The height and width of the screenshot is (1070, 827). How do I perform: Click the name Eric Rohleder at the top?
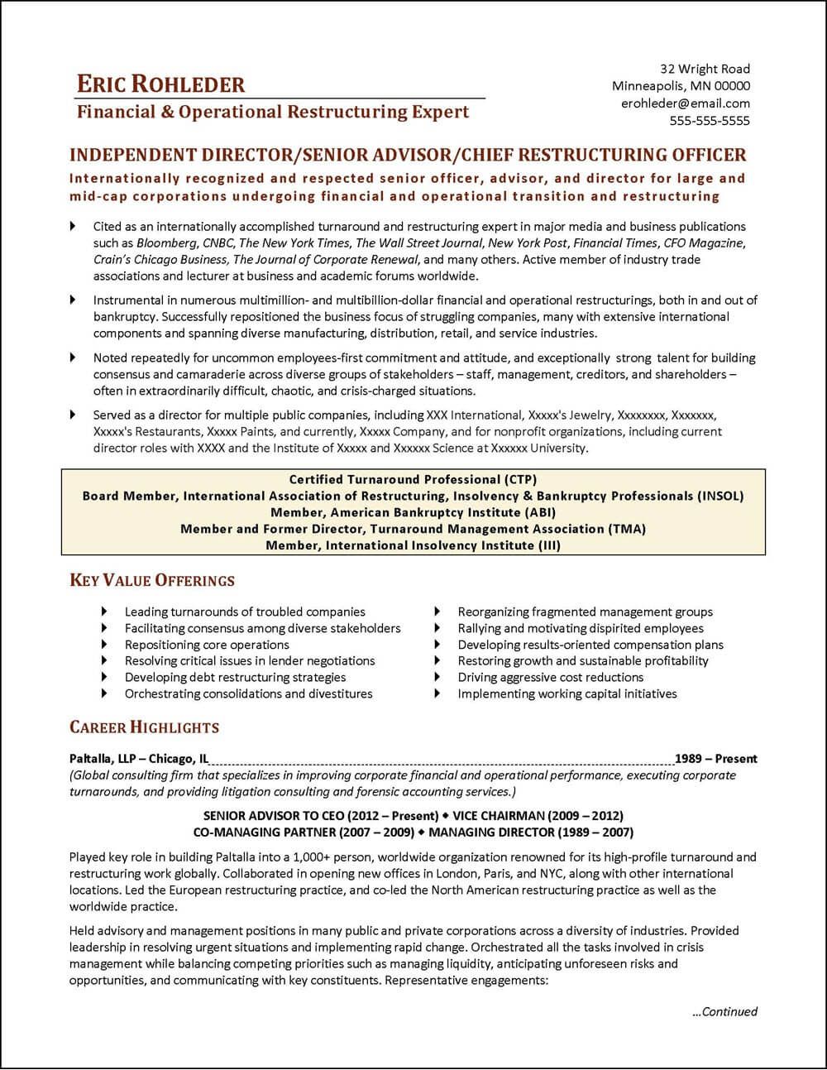[x=160, y=84]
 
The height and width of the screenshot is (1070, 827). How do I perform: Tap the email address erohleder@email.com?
[x=685, y=103]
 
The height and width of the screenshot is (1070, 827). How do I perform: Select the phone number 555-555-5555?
[x=709, y=121]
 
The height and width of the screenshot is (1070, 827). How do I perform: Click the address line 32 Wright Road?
[x=705, y=69]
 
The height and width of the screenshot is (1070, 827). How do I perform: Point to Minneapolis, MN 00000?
[x=681, y=86]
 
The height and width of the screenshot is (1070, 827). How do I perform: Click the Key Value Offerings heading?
[x=152, y=580]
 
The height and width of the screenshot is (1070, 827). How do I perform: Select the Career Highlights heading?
[x=144, y=727]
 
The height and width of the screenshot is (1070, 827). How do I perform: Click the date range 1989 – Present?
[x=715, y=758]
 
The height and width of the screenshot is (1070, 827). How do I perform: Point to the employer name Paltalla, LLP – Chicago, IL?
[x=139, y=758]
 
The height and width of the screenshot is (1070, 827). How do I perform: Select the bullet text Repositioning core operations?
[x=207, y=645]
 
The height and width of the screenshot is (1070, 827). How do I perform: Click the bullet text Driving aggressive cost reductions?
[x=550, y=677]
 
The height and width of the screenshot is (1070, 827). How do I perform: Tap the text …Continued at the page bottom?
[x=724, y=1011]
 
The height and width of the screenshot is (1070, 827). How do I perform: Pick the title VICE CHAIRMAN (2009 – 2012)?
[x=536, y=815]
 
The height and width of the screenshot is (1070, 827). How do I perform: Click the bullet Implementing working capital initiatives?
[x=567, y=693]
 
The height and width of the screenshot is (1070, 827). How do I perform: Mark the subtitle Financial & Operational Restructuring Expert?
[x=273, y=112]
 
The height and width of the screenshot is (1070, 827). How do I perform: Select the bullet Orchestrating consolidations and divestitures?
[x=248, y=693]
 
